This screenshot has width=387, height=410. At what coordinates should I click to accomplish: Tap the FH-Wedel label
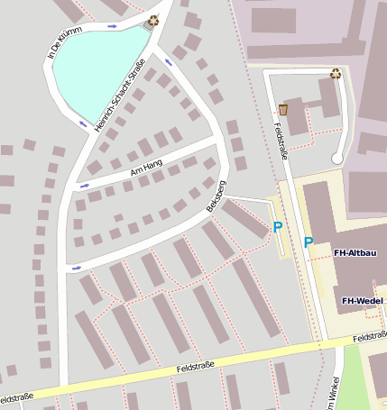(363, 300)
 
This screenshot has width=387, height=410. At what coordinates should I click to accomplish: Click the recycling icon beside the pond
(153, 19)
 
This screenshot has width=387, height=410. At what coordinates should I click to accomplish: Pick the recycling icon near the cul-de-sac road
(336, 73)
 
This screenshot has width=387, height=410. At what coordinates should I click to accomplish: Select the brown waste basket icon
(283, 109)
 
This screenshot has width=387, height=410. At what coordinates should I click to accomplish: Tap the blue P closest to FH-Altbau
(308, 242)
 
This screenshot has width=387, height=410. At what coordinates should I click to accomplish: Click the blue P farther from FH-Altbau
(277, 228)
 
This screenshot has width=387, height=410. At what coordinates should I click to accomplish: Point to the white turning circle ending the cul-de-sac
(337, 159)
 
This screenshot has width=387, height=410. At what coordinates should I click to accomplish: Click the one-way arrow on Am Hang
(84, 186)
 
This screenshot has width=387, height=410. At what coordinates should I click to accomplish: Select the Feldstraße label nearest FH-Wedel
(370, 337)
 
